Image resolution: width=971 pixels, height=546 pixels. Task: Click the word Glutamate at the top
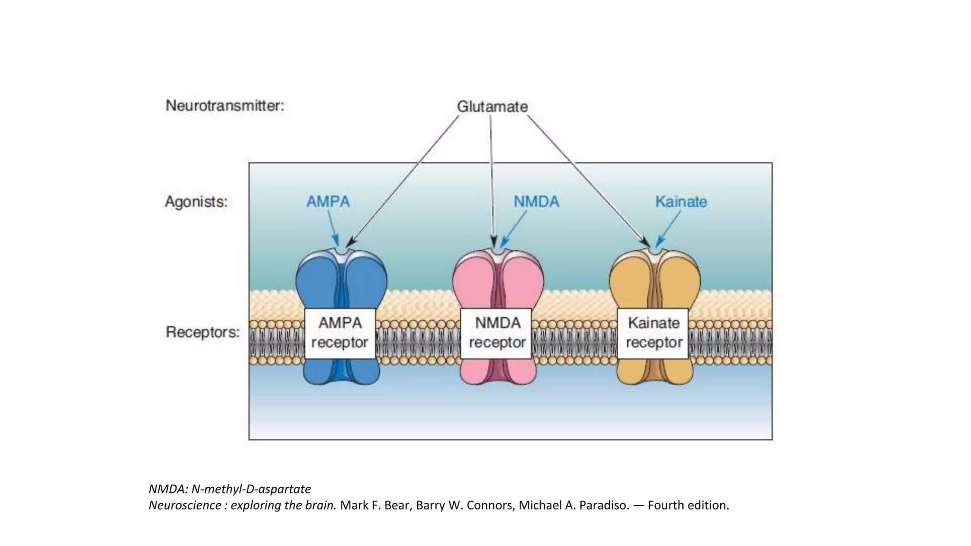pyautogui.click(x=492, y=107)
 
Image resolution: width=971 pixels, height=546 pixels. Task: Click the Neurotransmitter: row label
pyautogui.click(x=225, y=105)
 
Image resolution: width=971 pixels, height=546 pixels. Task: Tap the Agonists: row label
pyautogui.click(x=196, y=202)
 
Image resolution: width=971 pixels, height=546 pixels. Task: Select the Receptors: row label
pyautogui.click(x=202, y=332)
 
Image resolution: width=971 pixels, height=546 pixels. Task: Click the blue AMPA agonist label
pyautogui.click(x=328, y=202)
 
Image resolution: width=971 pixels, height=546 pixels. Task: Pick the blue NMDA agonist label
pyautogui.click(x=536, y=202)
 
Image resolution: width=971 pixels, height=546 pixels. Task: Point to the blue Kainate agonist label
pyautogui.click(x=681, y=202)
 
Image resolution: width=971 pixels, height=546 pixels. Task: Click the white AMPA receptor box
pyautogui.click(x=339, y=333)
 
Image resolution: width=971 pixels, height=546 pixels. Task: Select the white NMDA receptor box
pyautogui.click(x=497, y=333)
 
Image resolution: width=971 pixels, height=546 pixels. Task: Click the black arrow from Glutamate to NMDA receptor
pyautogui.click(x=492, y=180)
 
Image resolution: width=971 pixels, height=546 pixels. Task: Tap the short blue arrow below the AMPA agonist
pyautogui.click(x=333, y=227)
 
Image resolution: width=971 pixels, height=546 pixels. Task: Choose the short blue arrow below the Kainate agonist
pyautogui.click(x=669, y=228)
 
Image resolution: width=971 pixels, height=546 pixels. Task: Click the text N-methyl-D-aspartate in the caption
pyautogui.click(x=251, y=489)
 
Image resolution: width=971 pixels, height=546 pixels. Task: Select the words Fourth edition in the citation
pyautogui.click(x=688, y=505)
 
